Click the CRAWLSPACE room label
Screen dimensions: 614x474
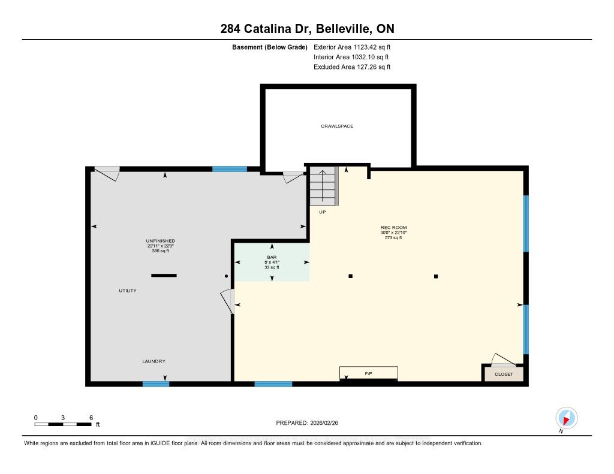pos(337,126)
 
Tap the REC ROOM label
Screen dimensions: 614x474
pos(393,227)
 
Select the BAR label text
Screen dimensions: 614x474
pos(272,257)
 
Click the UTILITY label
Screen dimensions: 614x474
pos(128,291)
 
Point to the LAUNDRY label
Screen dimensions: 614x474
pos(153,361)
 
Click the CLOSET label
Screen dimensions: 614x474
pos(504,374)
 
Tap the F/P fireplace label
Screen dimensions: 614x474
pos(369,374)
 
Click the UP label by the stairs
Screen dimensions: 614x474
pos(322,212)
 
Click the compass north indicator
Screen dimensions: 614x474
pos(566,418)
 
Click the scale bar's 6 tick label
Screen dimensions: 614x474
pos(91,418)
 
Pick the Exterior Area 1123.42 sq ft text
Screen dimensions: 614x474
pos(352,47)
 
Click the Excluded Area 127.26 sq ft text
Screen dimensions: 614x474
pos(352,67)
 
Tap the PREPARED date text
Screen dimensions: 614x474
pos(307,422)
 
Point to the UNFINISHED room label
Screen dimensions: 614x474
pos(160,241)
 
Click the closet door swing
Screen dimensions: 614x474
pos(503,360)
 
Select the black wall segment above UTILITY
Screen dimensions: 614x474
pos(164,276)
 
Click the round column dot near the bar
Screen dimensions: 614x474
pos(226,276)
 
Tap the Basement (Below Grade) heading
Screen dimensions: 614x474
pos(270,47)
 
